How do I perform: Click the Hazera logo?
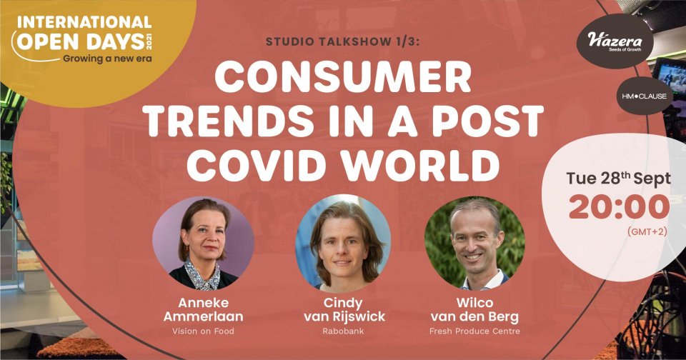pyautogui.click(x=615, y=41)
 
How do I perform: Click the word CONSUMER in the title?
pyautogui.click(x=343, y=77)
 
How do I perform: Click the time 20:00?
pyautogui.click(x=619, y=207)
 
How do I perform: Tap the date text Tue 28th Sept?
pyautogui.click(x=618, y=179)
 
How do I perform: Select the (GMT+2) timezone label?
pyautogui.click(x=647, y=232)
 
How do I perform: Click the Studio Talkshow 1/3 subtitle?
pyautogui.click(x=345, y=41)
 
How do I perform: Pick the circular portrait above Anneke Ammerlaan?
pyautogui.click(x=203, y=243)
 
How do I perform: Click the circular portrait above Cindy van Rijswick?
pyautogui.click(x=342, y=243)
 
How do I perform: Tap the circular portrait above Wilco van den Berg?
pyautogui.click(x=474, y=243)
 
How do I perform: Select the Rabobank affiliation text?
pyautogui.click(x=343, y=331)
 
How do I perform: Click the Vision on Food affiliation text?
pyautogui.click(x=203, y=331)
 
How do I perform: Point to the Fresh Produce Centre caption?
pyautogui.click(x=474, y=331)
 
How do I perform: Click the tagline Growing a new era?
pyautogui.click(x=107, y=59)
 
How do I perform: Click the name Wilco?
pyautogui.click(x=474, y=303)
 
